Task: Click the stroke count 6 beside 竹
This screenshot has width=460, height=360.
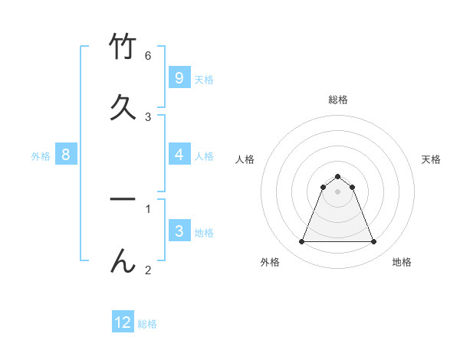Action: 148,56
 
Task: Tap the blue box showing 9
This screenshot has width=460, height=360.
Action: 179,77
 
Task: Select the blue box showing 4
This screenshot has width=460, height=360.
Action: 179,154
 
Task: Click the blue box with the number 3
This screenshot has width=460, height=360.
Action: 179,231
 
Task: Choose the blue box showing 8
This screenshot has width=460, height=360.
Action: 66,155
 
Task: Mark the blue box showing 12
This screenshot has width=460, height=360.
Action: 123,322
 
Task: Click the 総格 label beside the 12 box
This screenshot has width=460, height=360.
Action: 147,324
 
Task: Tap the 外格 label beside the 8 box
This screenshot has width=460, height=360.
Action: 41,156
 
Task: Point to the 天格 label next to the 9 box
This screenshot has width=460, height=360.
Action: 204,80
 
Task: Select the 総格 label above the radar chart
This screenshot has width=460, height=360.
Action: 338,100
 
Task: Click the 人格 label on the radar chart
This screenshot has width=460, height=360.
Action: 245,159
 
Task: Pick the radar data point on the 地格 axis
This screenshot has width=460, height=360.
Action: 374,242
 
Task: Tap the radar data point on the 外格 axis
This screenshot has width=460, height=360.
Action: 301,242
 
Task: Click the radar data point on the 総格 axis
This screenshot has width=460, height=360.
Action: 338,176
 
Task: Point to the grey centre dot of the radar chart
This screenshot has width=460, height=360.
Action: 338,191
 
